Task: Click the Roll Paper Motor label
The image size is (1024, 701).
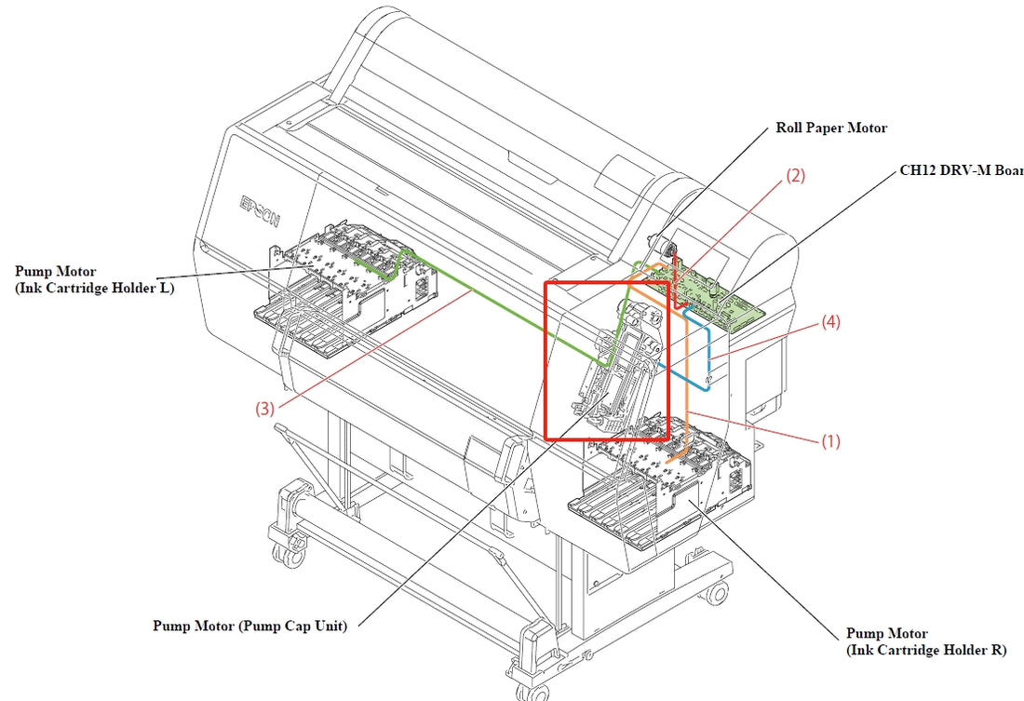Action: [x=831, y=128]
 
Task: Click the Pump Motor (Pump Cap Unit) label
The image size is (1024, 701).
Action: [x=249, y=626]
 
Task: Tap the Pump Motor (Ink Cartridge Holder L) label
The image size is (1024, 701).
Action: [x=94, y=279]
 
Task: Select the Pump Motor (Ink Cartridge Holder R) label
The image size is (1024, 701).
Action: [x=926, y=641]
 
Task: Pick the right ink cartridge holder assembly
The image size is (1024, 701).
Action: [x=661, y=484]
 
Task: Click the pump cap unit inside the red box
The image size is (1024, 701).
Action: [x=619, y=372]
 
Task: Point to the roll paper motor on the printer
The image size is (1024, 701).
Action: [x=667, y=247]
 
